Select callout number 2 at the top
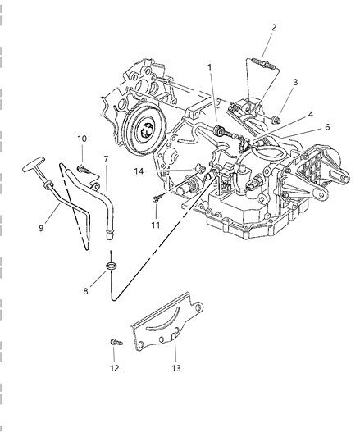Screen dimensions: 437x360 274,27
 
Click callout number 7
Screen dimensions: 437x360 105,157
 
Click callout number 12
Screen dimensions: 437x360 114,368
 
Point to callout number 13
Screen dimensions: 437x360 175,368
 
